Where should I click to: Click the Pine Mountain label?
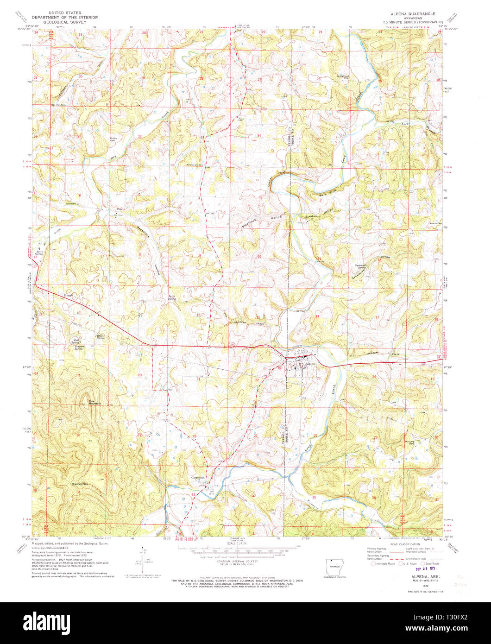(x=94, y=402)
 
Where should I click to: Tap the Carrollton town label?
(x=197, y=477)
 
